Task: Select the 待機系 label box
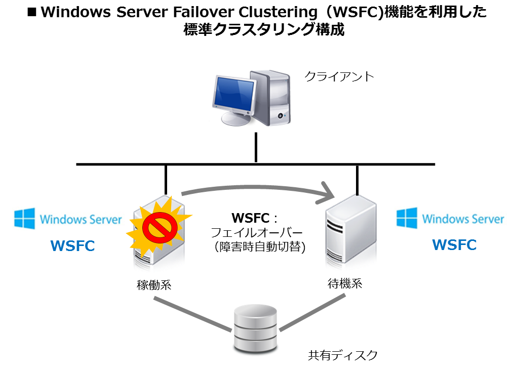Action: tap(345, 283)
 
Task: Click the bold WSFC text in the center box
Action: tap(250, 218)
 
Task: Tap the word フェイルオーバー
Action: tap(256, 233)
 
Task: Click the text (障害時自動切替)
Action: tap(256, 248)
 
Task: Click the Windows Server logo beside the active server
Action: tap(68, 219)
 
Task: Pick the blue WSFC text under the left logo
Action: tap(72, 246)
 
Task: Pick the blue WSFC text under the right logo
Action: tap(454, 245)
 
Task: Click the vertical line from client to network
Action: tap(256, 147)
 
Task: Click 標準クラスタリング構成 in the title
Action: tap(264, 30)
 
